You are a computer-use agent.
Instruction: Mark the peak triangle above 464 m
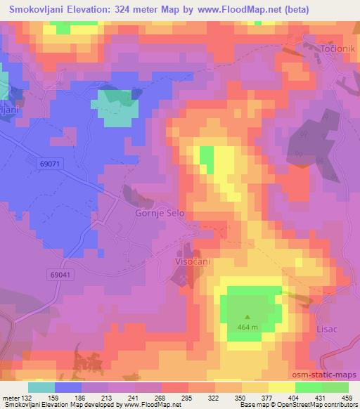coord(247,316)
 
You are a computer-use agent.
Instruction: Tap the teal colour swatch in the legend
coord(41,387)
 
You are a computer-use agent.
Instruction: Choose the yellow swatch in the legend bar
coord(281,387)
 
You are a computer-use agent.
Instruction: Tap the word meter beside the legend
coord(11,398)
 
